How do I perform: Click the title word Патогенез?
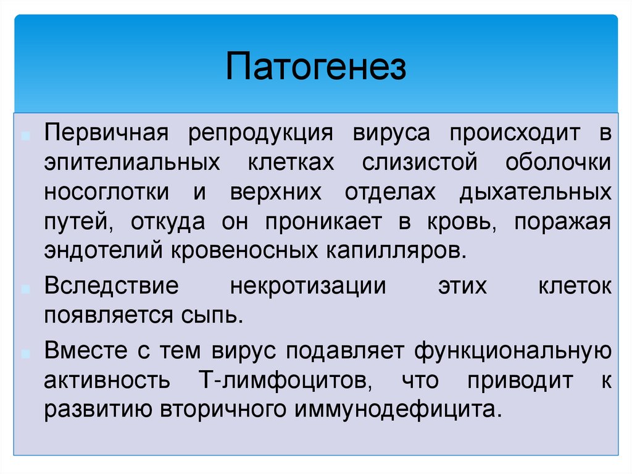(x=315, y=66)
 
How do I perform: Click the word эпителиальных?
(x=132, y=163)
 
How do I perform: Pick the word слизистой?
(x=420, y=163)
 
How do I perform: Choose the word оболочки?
(x=558, y=162)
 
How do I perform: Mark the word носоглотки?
(x=106, y=193)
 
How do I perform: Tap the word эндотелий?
(x=103, y=251)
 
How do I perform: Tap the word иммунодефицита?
(x=399, y=410)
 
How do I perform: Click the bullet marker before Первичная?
(x=26, y=136)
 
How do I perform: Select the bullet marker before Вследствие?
(x=26, y=289)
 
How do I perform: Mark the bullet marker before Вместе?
(x=26, y=354)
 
